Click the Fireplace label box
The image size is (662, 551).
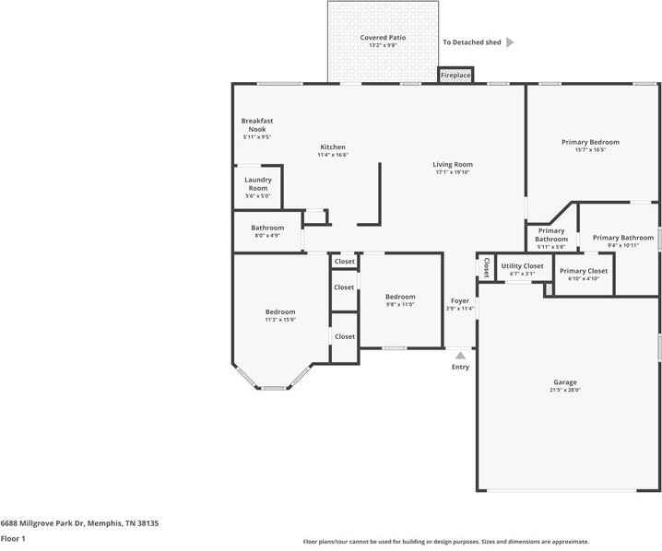(455, 75)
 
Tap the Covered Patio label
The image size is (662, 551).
(383, 38)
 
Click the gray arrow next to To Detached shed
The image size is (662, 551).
(510, 42)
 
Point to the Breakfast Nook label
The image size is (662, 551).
(257, 125)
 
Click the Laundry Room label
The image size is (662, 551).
(257, 183)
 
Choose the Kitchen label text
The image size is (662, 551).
(333, 147)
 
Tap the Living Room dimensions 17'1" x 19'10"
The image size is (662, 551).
(453, 172)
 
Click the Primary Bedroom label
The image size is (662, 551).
(590, 142)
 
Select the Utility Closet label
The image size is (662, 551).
(522, 266)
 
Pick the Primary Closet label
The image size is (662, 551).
(584, 271)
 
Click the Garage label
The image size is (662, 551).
(565, 382)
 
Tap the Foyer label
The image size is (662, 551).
(459, 301)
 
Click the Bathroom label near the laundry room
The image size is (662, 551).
(267, 228)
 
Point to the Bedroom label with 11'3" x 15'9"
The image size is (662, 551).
(280, 312)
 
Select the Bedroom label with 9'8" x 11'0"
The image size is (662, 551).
(400, 297)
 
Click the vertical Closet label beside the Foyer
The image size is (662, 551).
(486, 266)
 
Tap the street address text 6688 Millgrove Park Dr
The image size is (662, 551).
(79, 522)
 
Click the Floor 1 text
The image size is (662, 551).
(13, 539)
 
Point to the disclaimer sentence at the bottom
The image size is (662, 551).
(446, 542)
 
